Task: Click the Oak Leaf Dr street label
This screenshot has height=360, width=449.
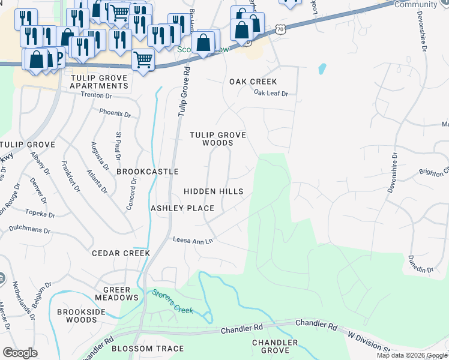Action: tap(271, 93)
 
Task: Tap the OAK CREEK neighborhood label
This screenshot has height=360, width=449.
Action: tap(253, 82)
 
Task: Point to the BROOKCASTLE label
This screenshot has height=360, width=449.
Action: tap(147, 172)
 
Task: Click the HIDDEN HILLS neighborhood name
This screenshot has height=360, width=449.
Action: tap(213, 191)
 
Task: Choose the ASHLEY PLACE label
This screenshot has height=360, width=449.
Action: tap(182, 208)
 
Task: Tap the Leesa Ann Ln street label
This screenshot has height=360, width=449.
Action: tap(193, 241)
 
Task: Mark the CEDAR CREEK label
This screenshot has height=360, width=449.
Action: tap(120, 253)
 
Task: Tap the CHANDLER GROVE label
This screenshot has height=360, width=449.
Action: tap(275, 346)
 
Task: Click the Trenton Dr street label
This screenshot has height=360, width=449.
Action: tap(96, 95)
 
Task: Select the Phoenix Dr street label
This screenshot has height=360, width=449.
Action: tap(115, 113)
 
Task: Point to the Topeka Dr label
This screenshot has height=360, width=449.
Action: tap(40, 213)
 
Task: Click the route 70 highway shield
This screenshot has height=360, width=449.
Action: tap(280, 29)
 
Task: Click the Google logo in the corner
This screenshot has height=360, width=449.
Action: tap(20, 353)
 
